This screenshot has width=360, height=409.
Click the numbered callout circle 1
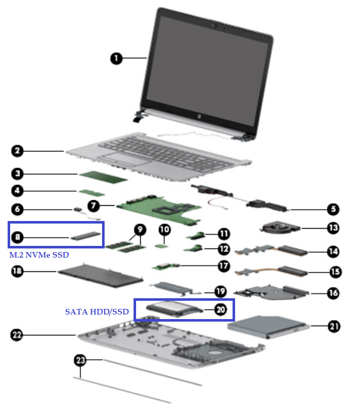(117, 58)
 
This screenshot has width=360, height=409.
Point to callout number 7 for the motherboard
(93, 206)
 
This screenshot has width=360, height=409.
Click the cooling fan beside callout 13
(277, 228)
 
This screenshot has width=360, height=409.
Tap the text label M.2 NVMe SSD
(39, 255)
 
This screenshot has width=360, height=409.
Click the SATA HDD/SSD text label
(96, 311)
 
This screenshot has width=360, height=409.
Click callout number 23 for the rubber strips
(80, 360)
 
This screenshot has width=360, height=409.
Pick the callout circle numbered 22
(18, 334)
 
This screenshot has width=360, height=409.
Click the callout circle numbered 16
(334, 293)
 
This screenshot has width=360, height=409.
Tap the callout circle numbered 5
(333, 208)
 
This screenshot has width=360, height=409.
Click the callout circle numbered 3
(18, 174)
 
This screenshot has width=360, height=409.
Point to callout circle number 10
(164, 229)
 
